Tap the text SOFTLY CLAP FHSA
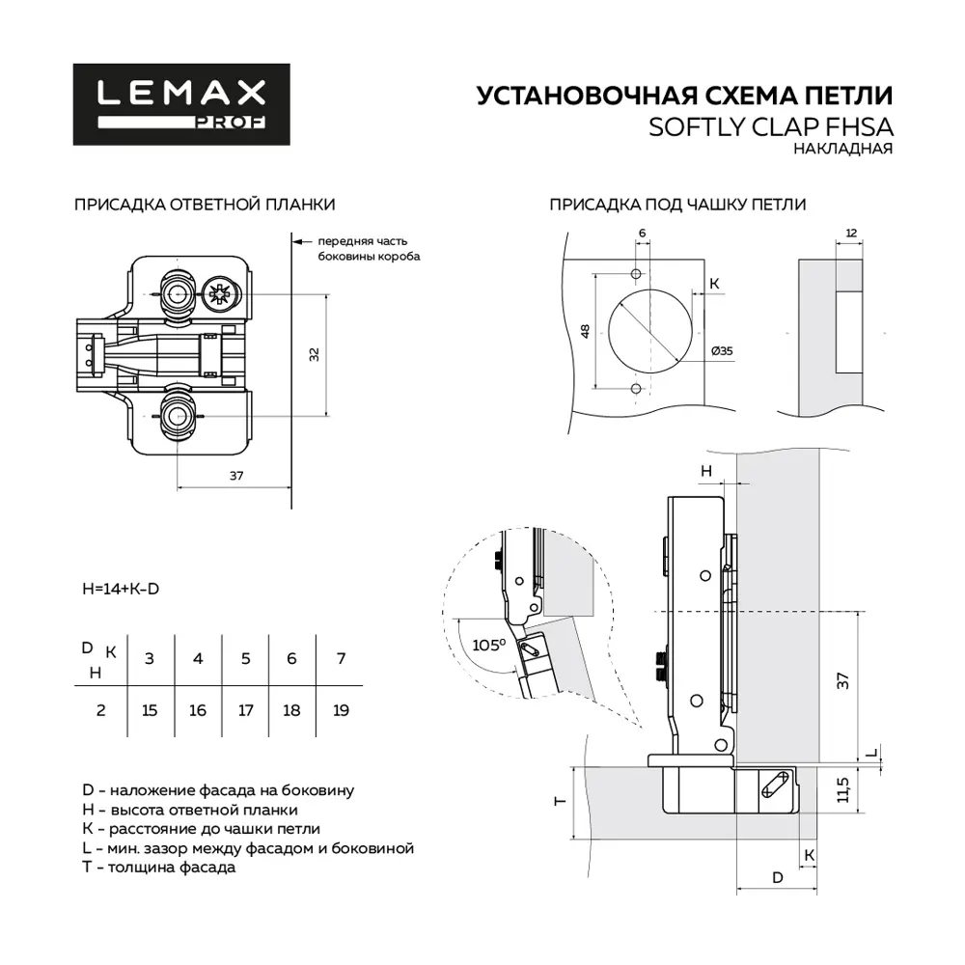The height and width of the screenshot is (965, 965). (771, 127)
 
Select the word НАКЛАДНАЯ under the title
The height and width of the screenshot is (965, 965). (842, 150)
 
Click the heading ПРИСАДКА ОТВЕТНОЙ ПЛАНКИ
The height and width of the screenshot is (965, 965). (205, 205)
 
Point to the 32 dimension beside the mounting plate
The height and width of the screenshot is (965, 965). (314, 354)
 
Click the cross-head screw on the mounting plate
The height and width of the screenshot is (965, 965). (218, 292)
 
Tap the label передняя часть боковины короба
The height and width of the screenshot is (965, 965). (368, 249)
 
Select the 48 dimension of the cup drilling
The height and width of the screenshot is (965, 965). (585, 330)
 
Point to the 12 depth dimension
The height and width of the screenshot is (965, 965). (850, 234)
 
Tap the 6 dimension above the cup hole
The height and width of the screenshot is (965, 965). (642, 234)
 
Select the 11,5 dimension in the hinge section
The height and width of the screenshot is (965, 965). (843, 788)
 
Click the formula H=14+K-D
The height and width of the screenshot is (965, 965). (120, 589)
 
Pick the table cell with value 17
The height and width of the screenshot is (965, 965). (245, 710)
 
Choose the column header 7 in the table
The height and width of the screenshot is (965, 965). (340, 658)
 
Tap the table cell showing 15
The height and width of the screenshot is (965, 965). (149, 710)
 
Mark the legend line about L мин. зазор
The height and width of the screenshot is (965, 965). (248, 847)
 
